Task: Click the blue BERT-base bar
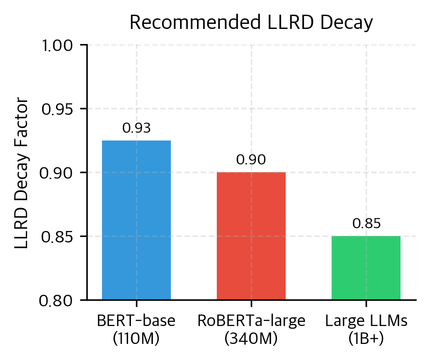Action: click(x=136, y=220)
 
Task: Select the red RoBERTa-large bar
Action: click(x=251, y=236)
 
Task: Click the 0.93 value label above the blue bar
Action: click(x=136, y=129)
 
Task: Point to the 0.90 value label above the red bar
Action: click(x=251, y=160)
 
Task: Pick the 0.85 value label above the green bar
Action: click(x=366, y=224)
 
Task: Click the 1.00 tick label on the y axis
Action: click(x=60, y=46)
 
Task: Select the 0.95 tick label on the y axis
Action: click(x=60, y=109)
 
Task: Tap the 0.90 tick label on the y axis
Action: click(x=60, y=173)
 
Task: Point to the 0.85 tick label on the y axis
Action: click(x=60, y=237)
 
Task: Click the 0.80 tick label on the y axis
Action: click(x=60, y=301)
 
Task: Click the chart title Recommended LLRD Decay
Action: click(x=251, y=23)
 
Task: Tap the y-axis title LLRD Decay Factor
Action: click(x=22, y=173)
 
